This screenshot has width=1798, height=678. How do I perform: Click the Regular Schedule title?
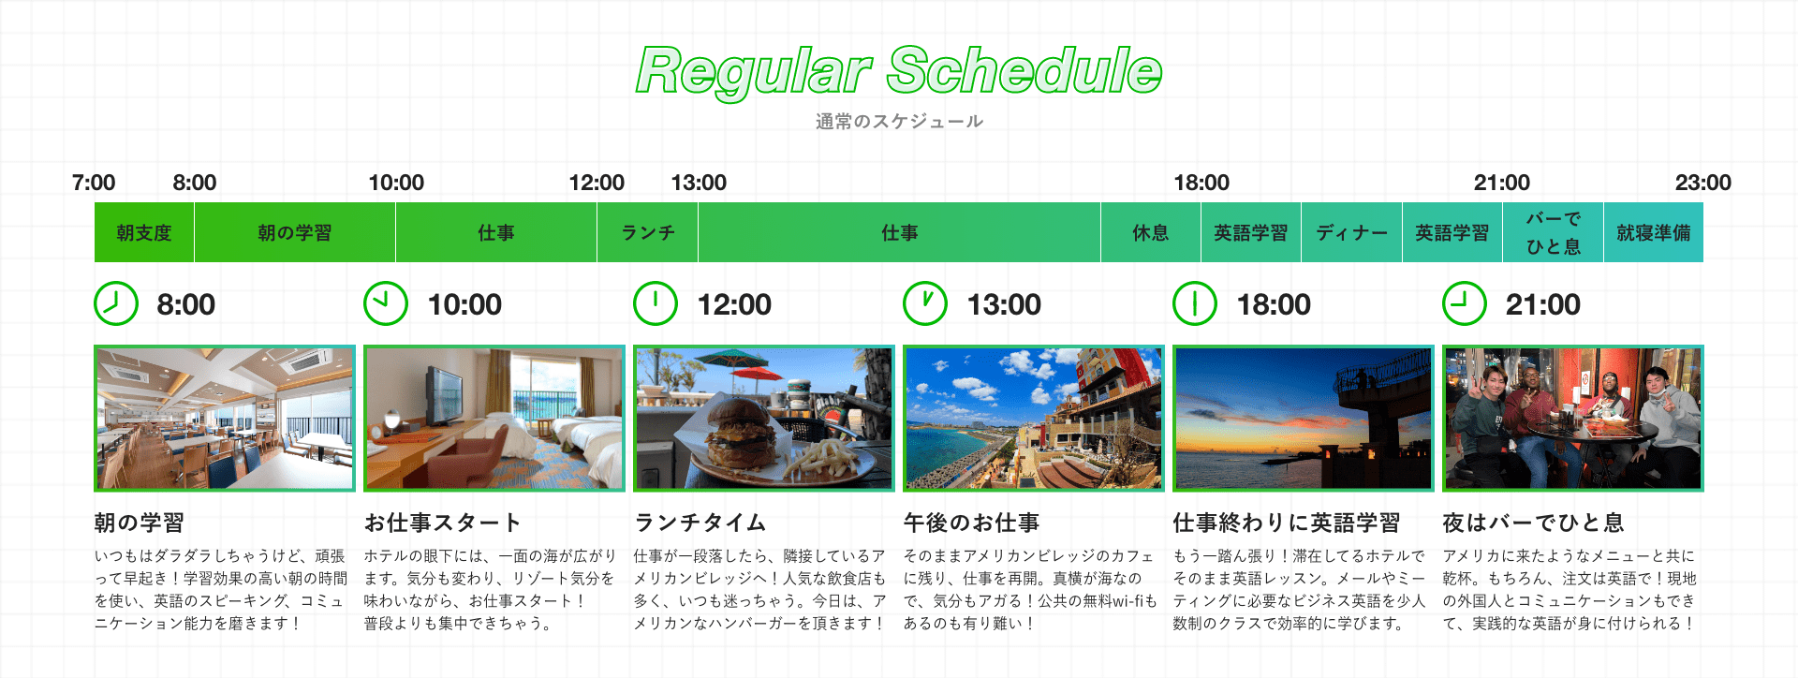899,71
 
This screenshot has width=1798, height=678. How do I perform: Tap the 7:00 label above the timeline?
94,183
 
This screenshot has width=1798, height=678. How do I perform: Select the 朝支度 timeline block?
144,232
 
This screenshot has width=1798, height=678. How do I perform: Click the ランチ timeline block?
648,232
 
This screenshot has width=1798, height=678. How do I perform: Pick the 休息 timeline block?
1151,232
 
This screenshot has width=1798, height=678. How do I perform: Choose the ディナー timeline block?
1351,232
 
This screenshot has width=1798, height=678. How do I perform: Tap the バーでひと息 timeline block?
1554,232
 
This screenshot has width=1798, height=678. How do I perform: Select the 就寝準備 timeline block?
1654,232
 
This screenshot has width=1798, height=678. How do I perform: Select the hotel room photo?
494,418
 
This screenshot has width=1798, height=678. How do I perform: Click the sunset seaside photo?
1304,418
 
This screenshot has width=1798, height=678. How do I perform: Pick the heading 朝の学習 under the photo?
140,523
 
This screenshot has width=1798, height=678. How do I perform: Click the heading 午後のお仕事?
971,523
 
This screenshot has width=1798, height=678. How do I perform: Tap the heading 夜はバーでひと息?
1533,523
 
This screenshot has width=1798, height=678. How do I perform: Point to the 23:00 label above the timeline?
1702,183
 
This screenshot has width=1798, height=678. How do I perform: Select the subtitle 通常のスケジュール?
899,121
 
